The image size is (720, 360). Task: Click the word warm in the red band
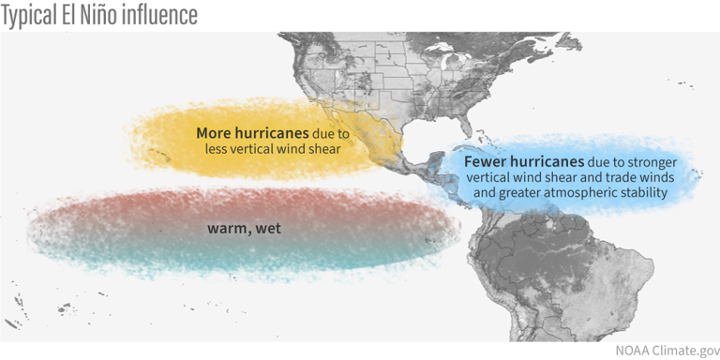226,228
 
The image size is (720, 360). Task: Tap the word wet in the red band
266,228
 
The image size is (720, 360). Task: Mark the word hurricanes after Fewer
547,160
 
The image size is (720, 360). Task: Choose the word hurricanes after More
273,132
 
